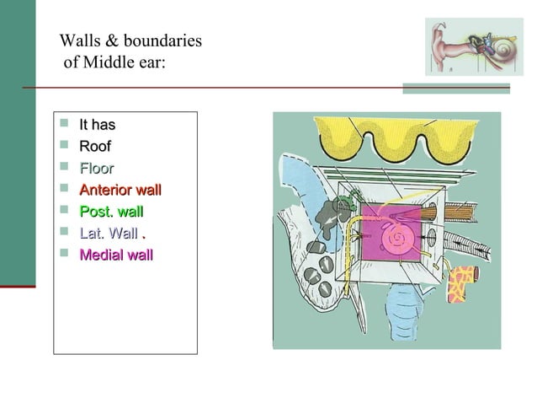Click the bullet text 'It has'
tap(97, 126)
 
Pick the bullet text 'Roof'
tap(95, 147)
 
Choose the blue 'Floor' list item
tap(97, 168)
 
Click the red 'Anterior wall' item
tap(120, 190)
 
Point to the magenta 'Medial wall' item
tap(116, 254)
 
